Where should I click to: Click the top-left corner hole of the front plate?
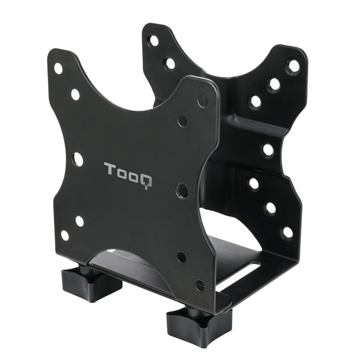(58, 68)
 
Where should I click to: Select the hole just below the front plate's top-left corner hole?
(75, 94)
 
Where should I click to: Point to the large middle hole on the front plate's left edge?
(77, 159)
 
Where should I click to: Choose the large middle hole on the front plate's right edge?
(182, 190)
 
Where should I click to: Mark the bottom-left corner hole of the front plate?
(65, 235)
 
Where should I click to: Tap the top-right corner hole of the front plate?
(203, 100)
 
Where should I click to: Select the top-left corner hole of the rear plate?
(154, 40)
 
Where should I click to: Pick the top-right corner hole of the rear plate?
(294, 66)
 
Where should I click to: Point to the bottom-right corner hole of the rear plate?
(288, 233)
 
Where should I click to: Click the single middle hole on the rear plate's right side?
(268, 150)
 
